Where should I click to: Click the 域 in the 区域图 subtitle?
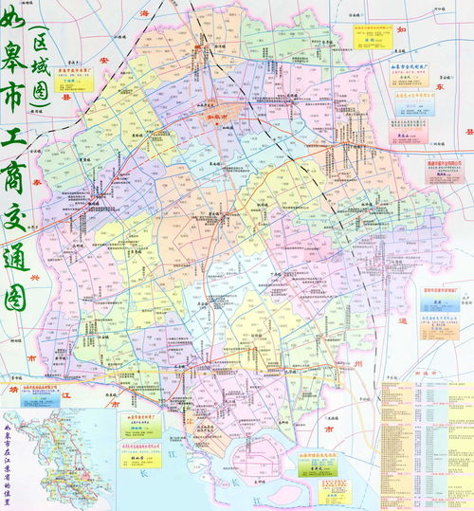(42, 66)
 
